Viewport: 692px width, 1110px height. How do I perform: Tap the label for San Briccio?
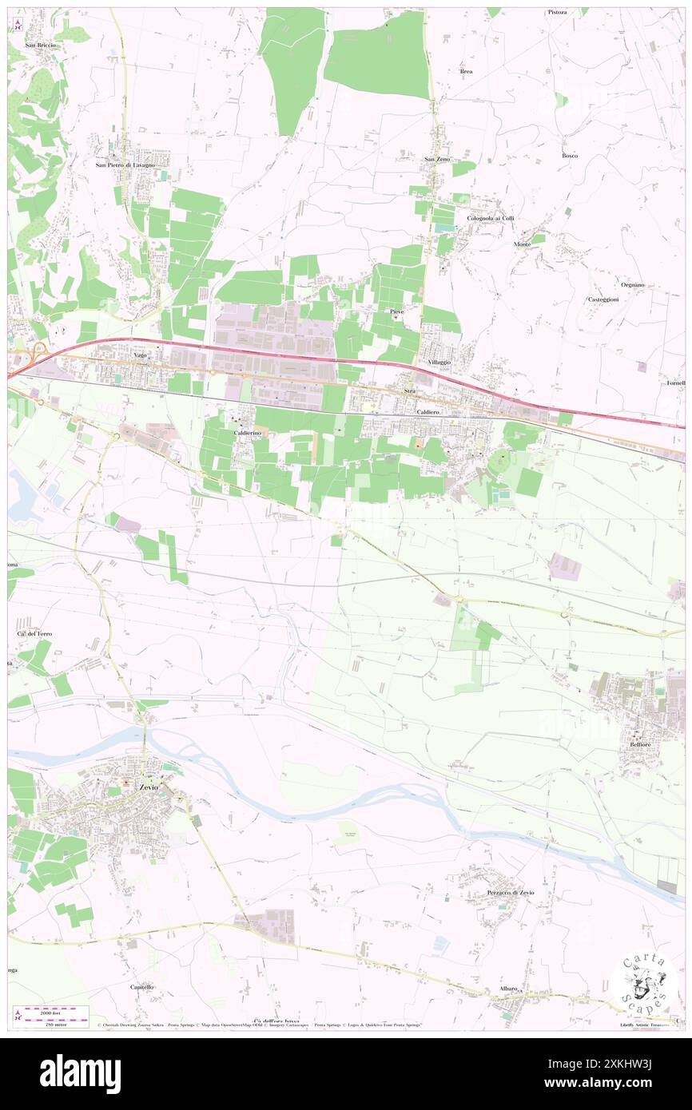coord(40,45)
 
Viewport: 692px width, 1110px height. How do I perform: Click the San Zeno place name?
coord(437,159)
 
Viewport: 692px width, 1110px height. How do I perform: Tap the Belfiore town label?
coord(639,743)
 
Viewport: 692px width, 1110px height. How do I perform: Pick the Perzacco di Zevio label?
coord(510,892)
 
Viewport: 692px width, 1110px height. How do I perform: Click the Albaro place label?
coord(509,989)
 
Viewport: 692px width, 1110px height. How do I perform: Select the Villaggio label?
coord(439,362)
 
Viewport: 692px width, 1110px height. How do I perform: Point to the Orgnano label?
coord(633,284)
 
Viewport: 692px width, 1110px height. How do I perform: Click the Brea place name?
coord(467,71)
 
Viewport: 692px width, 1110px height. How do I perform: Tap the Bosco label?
coord(570,155)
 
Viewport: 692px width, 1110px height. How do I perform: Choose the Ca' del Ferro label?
coord(34,633)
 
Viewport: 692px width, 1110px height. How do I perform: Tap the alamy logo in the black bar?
coord(81,1074)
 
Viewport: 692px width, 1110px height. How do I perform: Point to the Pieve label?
coord(396,310)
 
